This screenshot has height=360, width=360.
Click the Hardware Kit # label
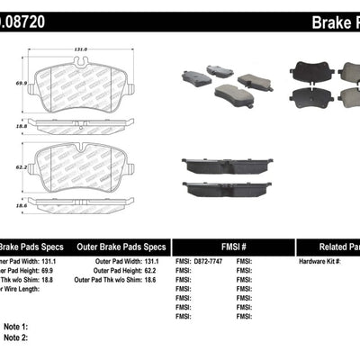(319, 261)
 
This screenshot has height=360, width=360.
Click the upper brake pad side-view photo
(221, 167)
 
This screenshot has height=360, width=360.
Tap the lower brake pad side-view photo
(221, 189)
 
